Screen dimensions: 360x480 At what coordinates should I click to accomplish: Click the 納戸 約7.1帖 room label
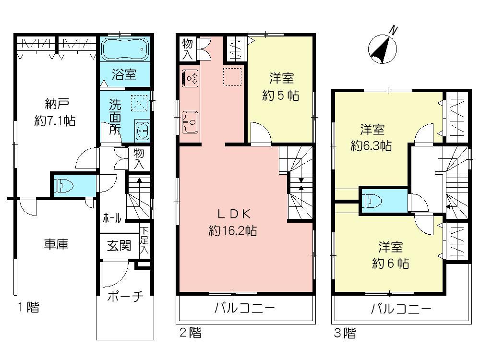tap(54, 112)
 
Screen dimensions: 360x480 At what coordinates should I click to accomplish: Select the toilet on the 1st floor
tap(61, 185)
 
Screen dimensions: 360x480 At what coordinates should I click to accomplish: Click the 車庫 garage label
tap(56, 244)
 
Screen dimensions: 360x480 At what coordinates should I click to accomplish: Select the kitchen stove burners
tap(192, 78)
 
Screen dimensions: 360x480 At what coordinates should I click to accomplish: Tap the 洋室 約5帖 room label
tap(281, 87)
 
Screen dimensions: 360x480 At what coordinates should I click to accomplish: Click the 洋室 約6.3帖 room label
tap(371, 138)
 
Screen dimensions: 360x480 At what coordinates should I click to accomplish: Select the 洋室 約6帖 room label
tap(389, 255)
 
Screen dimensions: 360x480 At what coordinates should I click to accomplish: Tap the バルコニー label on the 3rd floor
tap(401, 308)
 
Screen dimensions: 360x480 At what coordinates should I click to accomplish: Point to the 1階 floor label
tap(29, 307)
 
